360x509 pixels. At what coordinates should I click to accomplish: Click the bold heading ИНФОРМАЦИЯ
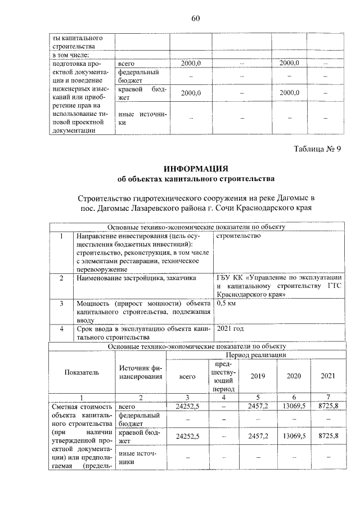point(196,169)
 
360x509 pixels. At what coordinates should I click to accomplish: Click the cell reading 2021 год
point(231,328)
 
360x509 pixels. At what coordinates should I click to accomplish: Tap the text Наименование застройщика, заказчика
point(136,278)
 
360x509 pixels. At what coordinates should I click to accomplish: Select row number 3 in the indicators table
point(61,303)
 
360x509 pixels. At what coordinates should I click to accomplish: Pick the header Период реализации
point(256,356)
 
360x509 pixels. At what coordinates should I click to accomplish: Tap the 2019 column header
point(258,376)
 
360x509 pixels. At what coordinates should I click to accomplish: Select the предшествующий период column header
point(224,376)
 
